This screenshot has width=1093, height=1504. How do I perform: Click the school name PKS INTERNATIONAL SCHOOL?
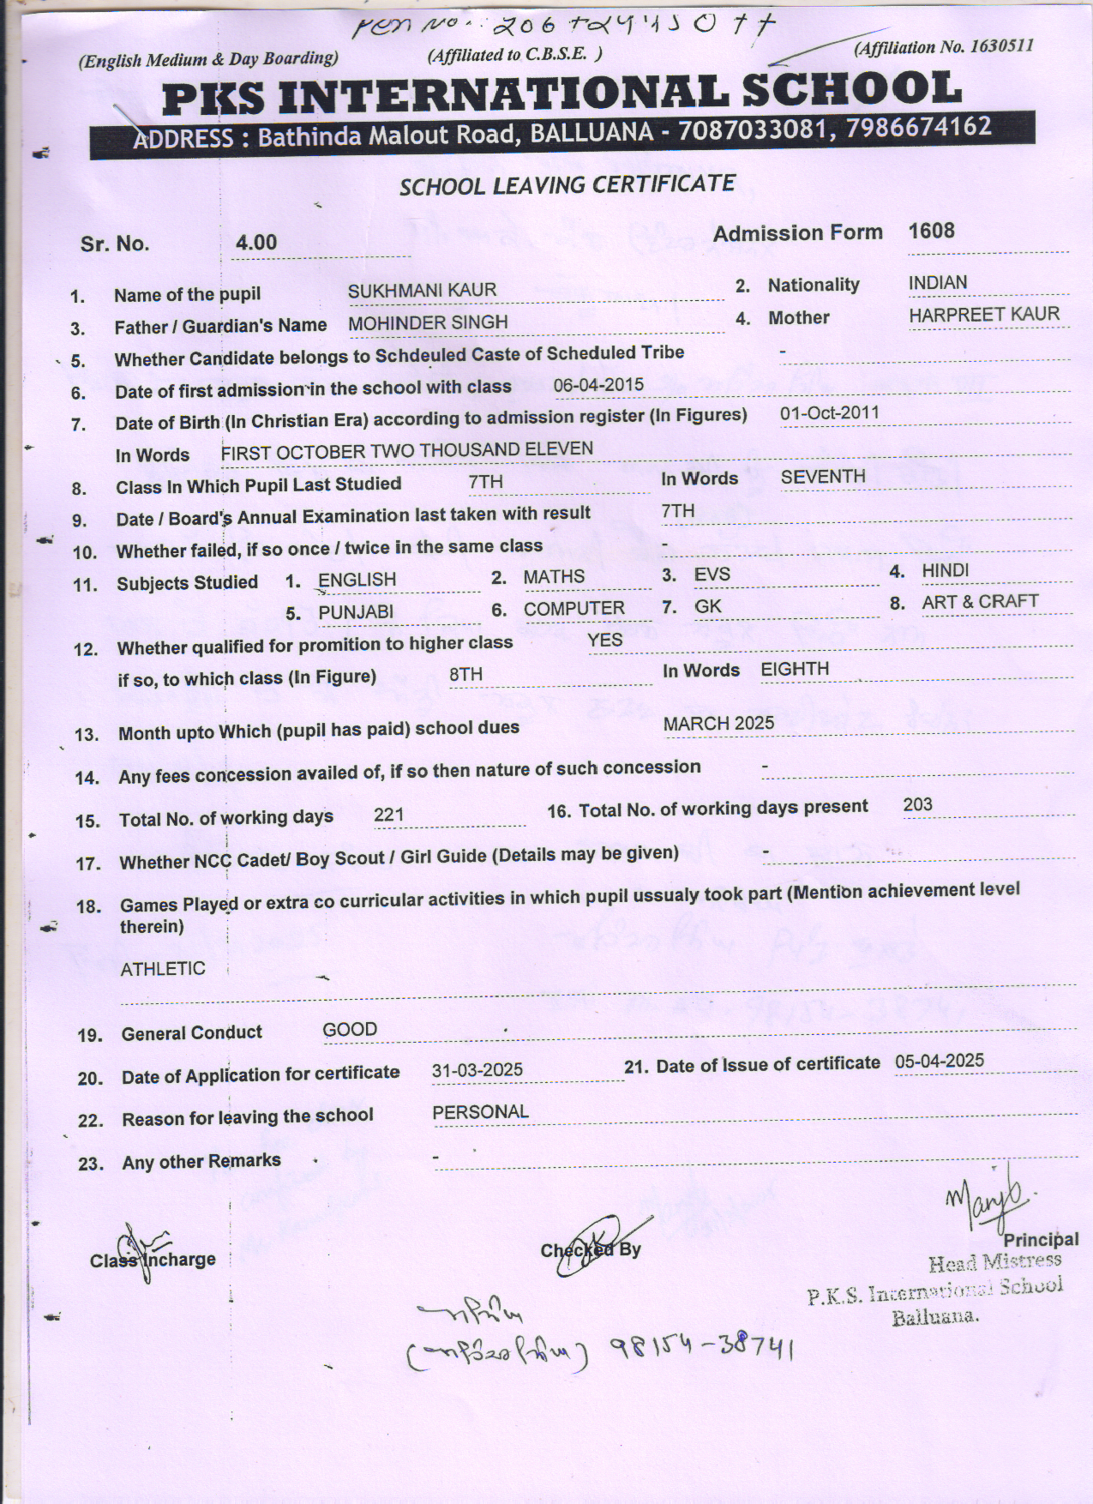click(562, 93)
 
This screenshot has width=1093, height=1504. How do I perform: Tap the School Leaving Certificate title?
click(567, 185)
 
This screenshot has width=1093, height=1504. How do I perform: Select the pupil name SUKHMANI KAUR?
click(422, 291)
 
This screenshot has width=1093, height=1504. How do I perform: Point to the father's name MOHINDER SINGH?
click(428, 323)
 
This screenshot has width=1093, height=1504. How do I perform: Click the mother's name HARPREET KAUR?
click(984, 315)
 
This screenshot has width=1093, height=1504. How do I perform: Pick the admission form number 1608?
click(931, 232)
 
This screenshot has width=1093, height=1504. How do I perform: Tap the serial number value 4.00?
click(256, 243)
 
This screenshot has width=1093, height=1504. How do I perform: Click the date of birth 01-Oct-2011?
click(829, 413)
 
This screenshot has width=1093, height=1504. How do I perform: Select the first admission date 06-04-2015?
click(598, 385)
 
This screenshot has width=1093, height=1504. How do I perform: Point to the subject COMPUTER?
click(574, 609)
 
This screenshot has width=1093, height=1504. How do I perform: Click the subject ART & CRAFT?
click(980, 602)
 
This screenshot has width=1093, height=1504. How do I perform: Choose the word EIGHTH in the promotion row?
click(795, 670)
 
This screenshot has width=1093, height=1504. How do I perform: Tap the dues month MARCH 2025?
click(718, 724)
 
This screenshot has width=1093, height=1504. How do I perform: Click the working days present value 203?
click(917, 805)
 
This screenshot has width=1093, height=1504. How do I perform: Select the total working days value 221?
click(388, 815)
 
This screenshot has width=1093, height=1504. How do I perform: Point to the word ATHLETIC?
click(163, 969)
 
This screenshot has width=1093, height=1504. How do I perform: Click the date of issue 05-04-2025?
click(940, 1062)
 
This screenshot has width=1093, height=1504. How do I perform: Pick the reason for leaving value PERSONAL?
click(480, 1112)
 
